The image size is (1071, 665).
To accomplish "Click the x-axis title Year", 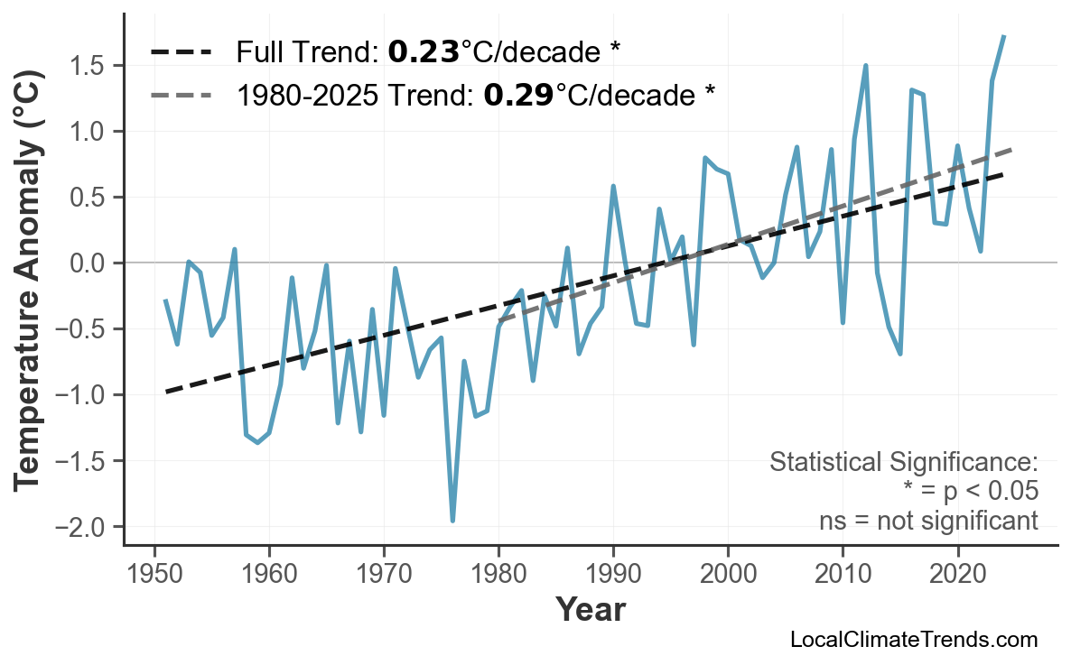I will coord(590,610).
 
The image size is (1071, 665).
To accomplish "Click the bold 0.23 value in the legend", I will coord(424,52).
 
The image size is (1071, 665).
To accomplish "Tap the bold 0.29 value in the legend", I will coord(518,94).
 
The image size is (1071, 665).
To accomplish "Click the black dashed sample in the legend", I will coord(182,52).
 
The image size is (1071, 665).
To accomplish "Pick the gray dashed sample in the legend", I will coord(182,94).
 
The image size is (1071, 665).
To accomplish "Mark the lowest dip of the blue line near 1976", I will coord(452,521).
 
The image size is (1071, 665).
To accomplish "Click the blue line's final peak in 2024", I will coord(1004,36).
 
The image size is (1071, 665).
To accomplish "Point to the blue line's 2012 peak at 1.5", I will coord(866,66).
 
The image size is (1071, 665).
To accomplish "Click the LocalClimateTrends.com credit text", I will coord(913,640).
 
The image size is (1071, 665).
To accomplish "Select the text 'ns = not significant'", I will coord(928,521).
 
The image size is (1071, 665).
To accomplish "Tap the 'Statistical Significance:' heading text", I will coord(903,463).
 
